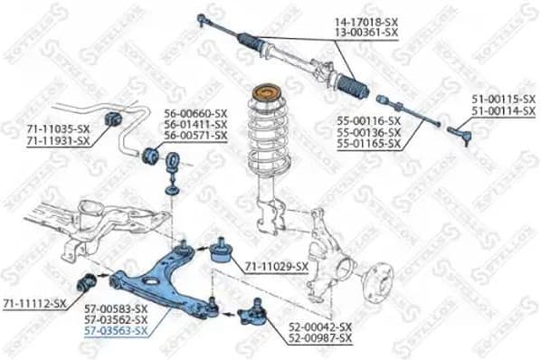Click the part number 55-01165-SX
[366, 143]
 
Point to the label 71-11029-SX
[277, 268]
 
